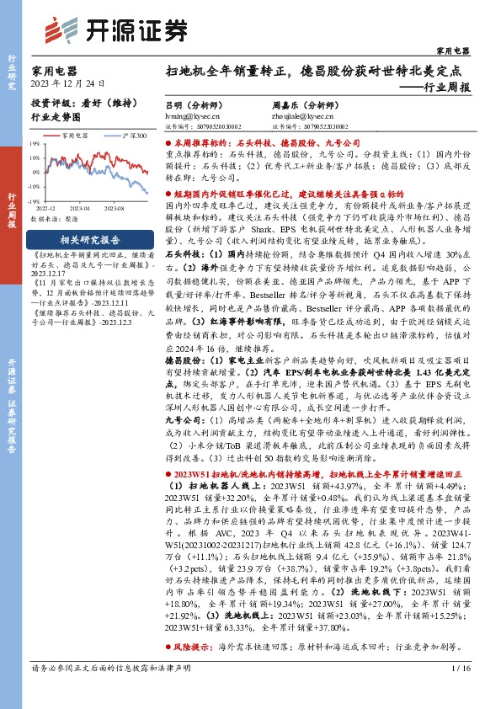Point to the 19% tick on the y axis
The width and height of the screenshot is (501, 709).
tap(35, 144)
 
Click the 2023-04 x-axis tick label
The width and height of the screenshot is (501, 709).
tap(80, 207)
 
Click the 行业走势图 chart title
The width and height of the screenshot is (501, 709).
tap(56, 119)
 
